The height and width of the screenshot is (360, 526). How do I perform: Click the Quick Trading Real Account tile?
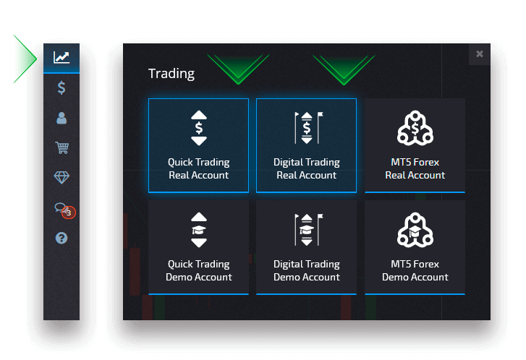(198, 145)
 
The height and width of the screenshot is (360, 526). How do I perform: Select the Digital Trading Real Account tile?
(306, 145)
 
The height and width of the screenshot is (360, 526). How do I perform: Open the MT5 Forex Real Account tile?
(415, 145)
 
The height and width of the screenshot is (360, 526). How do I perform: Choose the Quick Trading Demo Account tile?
(198, 247)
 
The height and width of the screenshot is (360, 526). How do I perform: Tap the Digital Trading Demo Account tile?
(306, 247)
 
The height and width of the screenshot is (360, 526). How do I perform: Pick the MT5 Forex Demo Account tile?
(415, 247)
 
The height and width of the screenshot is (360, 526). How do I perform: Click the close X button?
(479, 54)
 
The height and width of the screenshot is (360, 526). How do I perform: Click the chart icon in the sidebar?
(61, 57)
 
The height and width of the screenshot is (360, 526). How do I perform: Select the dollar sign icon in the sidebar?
(61, 88)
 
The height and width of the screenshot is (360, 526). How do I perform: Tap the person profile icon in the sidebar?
(61, 118)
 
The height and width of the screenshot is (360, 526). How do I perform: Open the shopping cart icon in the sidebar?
(61, 148)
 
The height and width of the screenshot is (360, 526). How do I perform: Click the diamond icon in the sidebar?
(61, 178)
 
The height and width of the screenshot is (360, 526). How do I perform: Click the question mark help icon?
(61, 237)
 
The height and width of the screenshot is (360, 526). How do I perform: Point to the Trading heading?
(171, 73)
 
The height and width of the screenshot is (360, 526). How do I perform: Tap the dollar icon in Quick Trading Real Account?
(199, 129)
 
